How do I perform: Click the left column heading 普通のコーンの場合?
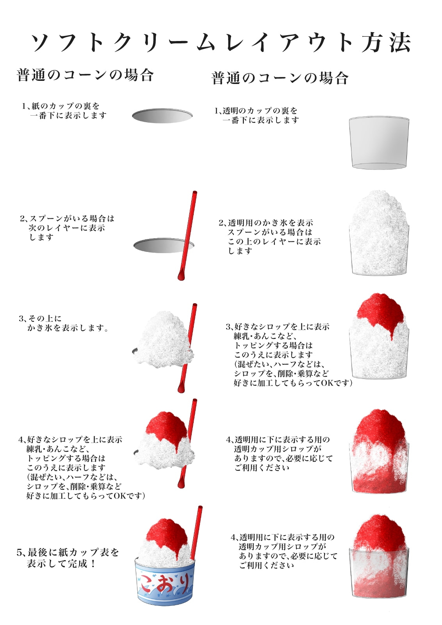(85, 75)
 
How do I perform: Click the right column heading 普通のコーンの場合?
(280, 78)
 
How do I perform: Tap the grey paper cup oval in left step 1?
(162, 116)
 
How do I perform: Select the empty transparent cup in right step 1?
(379, 143)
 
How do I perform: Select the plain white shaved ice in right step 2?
(379, 233)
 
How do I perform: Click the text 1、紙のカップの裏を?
(61, 106)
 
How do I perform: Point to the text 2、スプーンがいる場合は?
(67, 218)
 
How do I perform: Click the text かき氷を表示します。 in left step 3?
(68, 328)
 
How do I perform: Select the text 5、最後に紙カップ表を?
(68, 552)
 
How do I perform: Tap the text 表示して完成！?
(62, 564)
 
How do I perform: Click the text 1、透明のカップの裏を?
(256, 111)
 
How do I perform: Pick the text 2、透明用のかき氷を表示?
(266, 223)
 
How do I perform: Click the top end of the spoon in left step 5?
(200, 507)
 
